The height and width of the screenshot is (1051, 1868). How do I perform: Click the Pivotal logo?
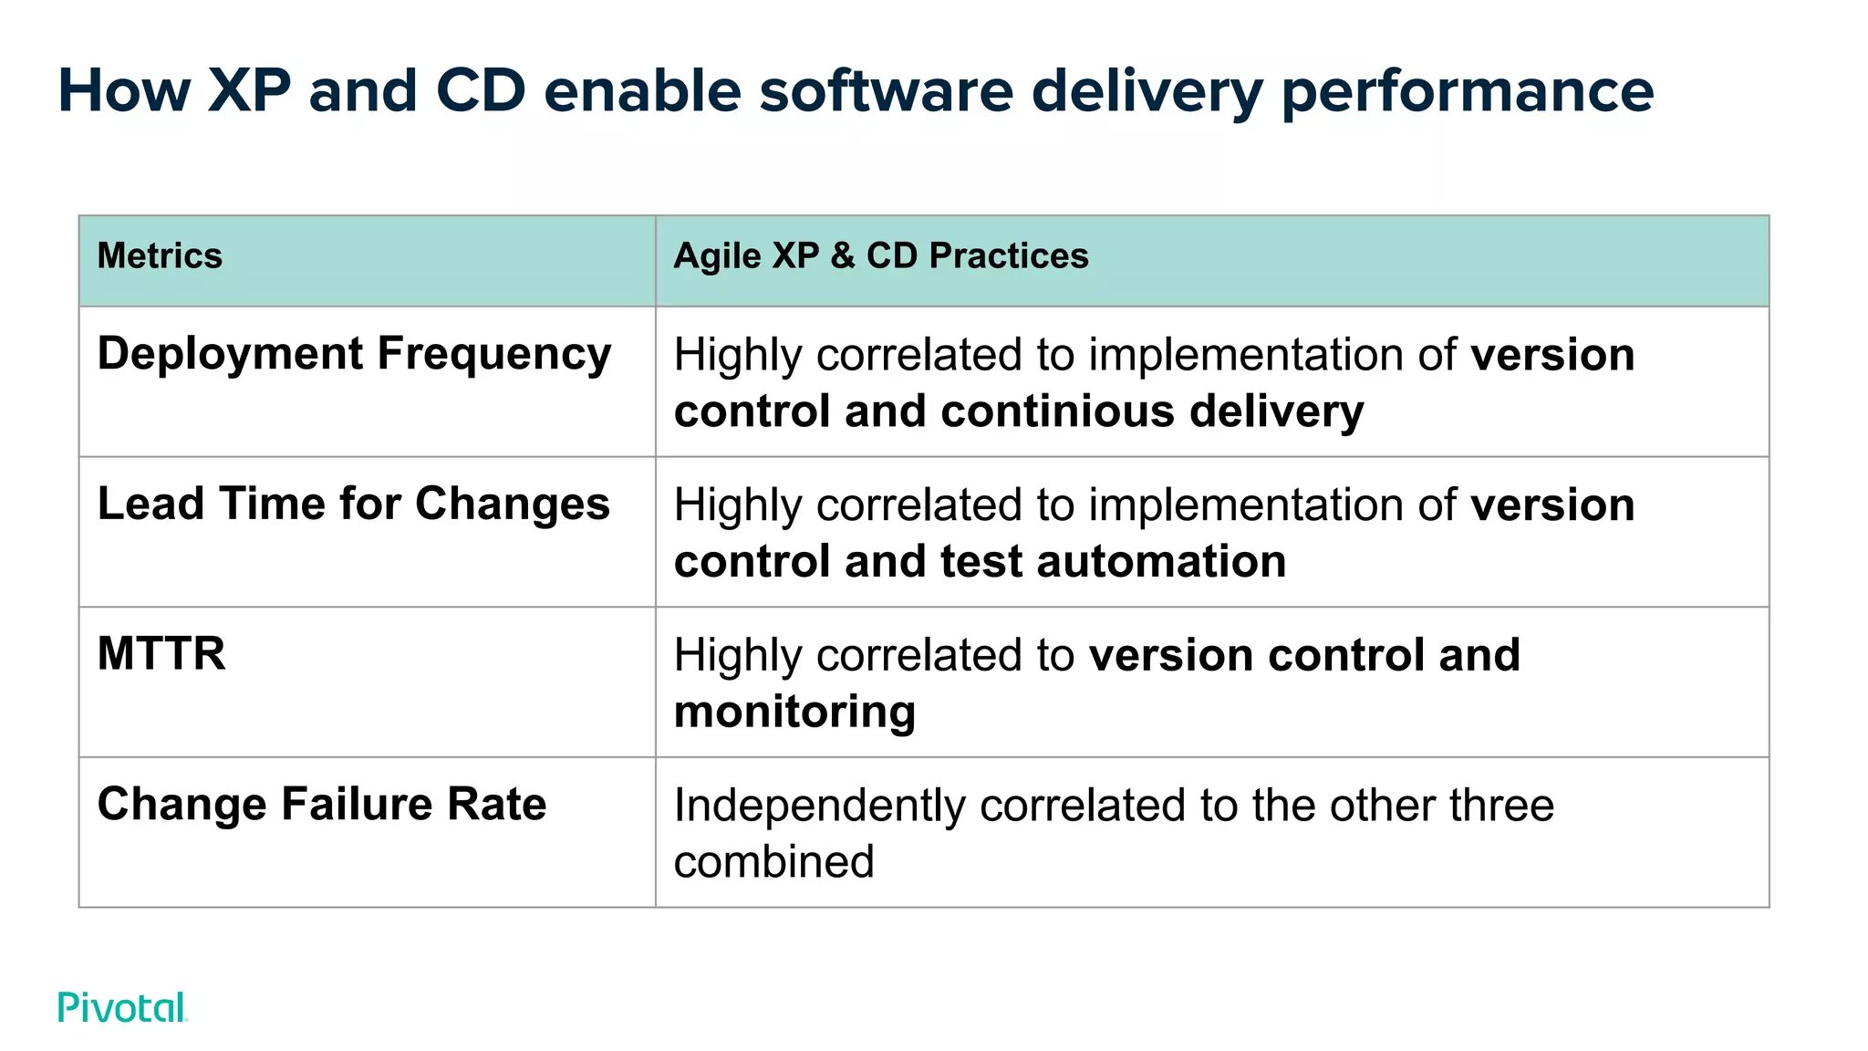pyautogui.click(x=122, y=1007)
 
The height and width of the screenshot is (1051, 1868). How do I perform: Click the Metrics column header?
pyautogui.click(x=160, y=256)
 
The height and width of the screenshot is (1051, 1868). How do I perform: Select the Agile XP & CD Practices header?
pyautogui.click(x=880, y=256)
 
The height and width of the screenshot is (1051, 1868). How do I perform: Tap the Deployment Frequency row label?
pyautogui.click(x=354, y=354)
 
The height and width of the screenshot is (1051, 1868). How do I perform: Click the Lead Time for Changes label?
pyautogui.click(x=353, y=504)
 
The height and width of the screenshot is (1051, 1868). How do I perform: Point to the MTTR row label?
pyautogui.click(x=161, y=654)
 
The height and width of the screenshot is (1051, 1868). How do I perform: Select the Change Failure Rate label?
pyautogui.click(x=322, y=804)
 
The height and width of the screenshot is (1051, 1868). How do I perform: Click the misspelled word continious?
pyautogui.click(x=1058, y=411)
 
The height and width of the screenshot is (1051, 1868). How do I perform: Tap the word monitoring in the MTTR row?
pyautogui.click(x=794, y=712)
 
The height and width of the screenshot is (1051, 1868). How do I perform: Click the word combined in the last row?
pyautogui.click(x=773, y=861)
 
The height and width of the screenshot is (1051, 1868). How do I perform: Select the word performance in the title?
pyautogui.click(x=1467, y=93)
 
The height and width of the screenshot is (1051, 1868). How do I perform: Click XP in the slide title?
pyautogui.click(x=249, y=91)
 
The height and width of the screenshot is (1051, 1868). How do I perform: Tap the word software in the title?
pyautogui.click(x=886, y=91)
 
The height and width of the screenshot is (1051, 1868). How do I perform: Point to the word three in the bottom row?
pyautogui.click(x=1497, y=806)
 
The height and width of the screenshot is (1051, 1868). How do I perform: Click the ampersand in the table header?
pyautogui.click(x=842, y=256)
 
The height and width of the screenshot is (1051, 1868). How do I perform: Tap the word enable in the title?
pyautogui.click(x=642, y=91)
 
